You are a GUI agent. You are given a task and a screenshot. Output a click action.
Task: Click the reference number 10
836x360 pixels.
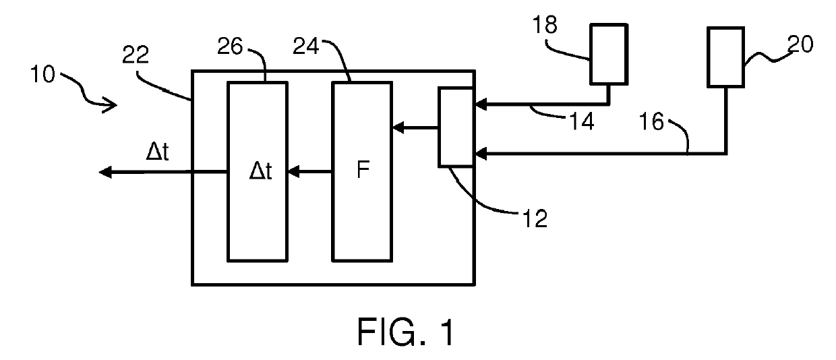pos(42,74)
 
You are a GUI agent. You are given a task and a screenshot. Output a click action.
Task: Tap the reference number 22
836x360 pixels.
pos(136,55)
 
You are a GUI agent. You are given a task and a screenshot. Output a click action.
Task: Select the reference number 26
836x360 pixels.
pos(230,47)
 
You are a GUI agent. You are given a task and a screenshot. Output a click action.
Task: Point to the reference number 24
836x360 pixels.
pos(306,47)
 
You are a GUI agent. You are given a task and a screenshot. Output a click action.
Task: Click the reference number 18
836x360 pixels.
pos(545,25)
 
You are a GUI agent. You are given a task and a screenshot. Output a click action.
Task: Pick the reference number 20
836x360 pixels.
pos(800,44)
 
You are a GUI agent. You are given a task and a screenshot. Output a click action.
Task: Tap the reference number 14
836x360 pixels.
pos(581,121)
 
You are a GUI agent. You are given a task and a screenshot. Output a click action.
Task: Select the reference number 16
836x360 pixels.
pos(652,121)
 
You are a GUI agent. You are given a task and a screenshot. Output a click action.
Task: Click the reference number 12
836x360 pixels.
pos(535,218)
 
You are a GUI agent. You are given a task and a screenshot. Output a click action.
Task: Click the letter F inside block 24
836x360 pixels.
pos(363,170)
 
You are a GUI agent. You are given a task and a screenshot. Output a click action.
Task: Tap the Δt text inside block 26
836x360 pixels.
pos(260,172)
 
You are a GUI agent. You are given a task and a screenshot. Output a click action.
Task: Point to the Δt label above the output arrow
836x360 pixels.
pos(157,152)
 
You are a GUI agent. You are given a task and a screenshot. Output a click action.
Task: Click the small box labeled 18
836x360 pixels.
pos(609,55)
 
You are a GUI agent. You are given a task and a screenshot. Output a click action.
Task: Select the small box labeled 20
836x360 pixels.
pos(726,57)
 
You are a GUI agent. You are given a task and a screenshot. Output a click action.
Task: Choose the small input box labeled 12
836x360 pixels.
pos(456,127)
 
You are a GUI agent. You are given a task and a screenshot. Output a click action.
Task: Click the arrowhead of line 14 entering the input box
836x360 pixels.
pos(481,104)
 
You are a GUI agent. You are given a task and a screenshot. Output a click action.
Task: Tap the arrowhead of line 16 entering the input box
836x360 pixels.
pos(481,154)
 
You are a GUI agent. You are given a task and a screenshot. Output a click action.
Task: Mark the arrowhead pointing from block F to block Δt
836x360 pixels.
pos(293,172)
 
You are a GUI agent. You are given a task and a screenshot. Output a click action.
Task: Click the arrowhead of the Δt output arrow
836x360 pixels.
pos(105,173)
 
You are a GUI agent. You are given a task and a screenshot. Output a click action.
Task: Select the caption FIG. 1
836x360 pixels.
pos(406,332)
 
